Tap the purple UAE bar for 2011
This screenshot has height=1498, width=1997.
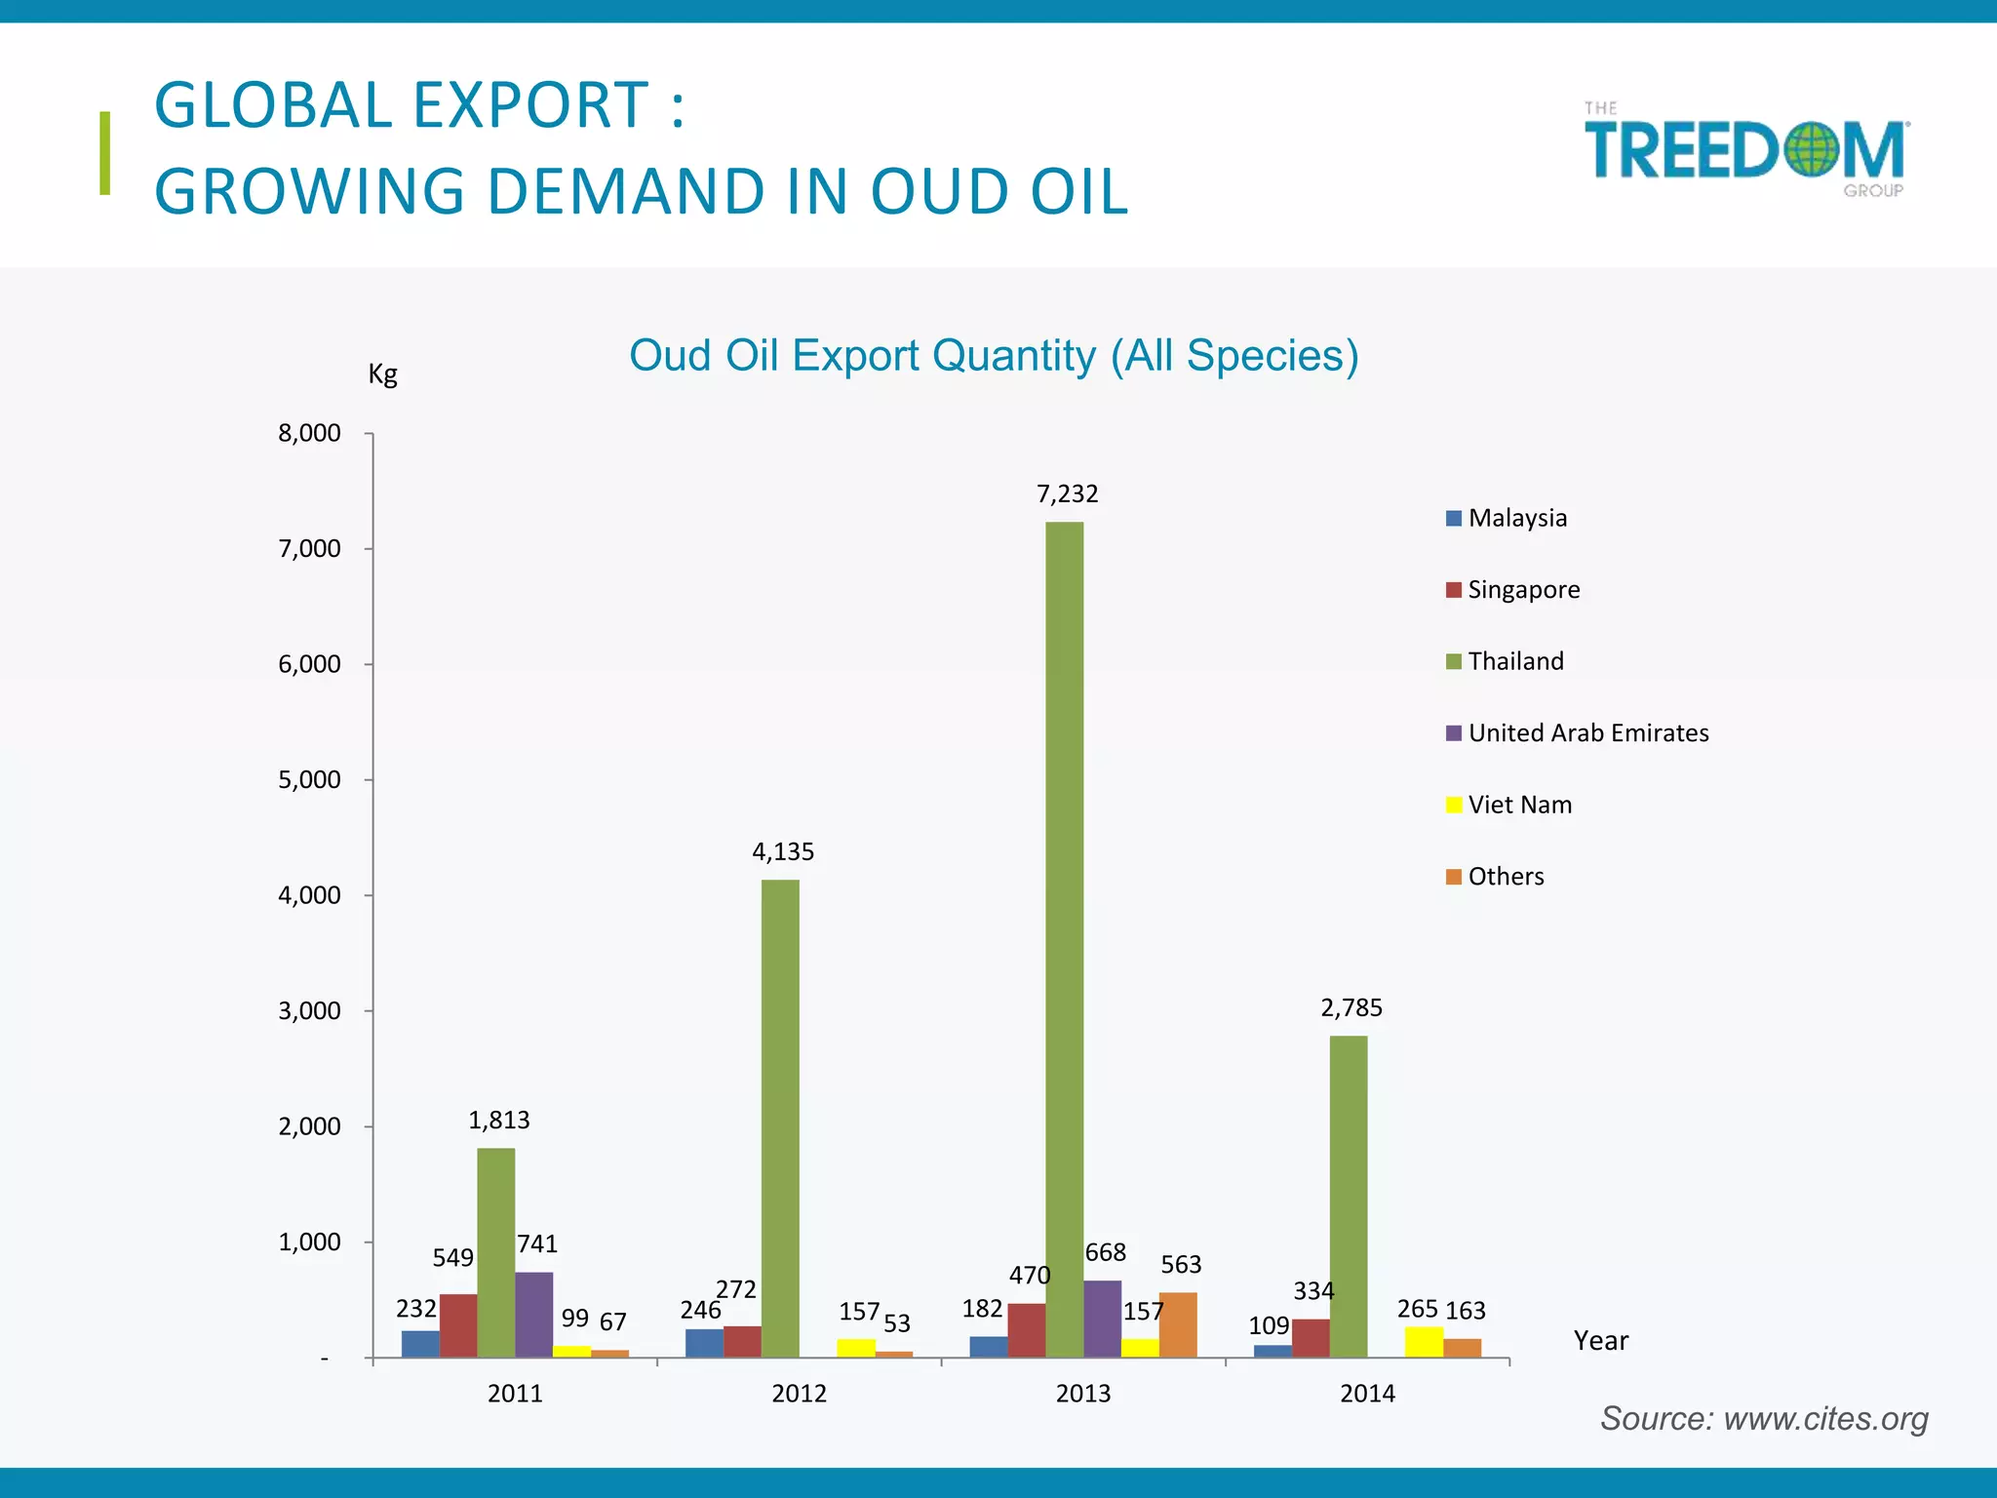[x=533, y=1314]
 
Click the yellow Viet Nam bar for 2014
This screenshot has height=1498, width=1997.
[x=1424, y=1342]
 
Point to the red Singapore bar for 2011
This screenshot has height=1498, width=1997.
[x=458, y=1325]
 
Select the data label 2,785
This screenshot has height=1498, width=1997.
[x=1351, y=1007]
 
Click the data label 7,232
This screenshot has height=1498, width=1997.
[x=1067, y=493]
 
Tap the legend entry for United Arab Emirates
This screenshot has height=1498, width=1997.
[x=1587, y=732]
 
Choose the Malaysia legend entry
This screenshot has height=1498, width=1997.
[x=1516, y=518]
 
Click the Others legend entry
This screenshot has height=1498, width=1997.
[x=1505, y=876]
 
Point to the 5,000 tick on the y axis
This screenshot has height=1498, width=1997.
[x=309, y=779]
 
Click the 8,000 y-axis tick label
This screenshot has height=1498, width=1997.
[x=309, y=433]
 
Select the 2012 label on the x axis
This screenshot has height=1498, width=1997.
[x=799, y=1393]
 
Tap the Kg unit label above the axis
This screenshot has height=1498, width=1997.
[x=382, y=374]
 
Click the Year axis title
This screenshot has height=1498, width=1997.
[x=1600, y=1340]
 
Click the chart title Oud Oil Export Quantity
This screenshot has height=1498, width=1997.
[x=993, y=355]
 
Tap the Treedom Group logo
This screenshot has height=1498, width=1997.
[x=1746, y=150]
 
